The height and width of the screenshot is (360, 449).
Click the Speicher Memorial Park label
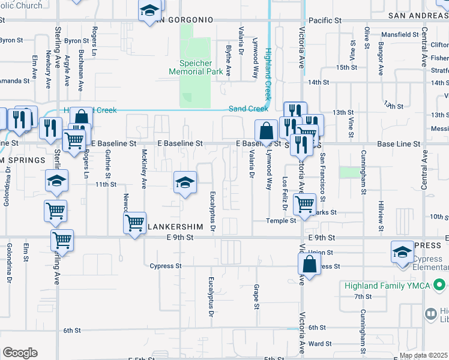coord(196,67)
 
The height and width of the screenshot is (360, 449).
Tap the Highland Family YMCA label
coord(387,286)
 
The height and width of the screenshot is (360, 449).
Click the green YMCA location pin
coord(440,285)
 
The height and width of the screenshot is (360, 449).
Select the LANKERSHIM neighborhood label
coord(181,227)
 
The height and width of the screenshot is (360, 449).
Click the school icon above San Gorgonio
coord(150,10)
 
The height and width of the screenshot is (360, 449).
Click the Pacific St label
coord(325,20)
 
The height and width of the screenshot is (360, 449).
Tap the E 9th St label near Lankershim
coord(181,238)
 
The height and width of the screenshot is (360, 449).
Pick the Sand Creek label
coord(248,109)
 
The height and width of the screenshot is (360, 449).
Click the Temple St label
coord(282,221)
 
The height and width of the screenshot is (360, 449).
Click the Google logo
coord(20,353)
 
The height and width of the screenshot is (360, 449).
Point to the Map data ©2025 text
coord(423,356)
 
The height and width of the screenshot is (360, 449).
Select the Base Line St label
coord(393,145)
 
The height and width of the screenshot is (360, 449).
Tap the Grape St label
coord(256,297)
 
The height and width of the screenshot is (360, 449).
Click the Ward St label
coord(320,344)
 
